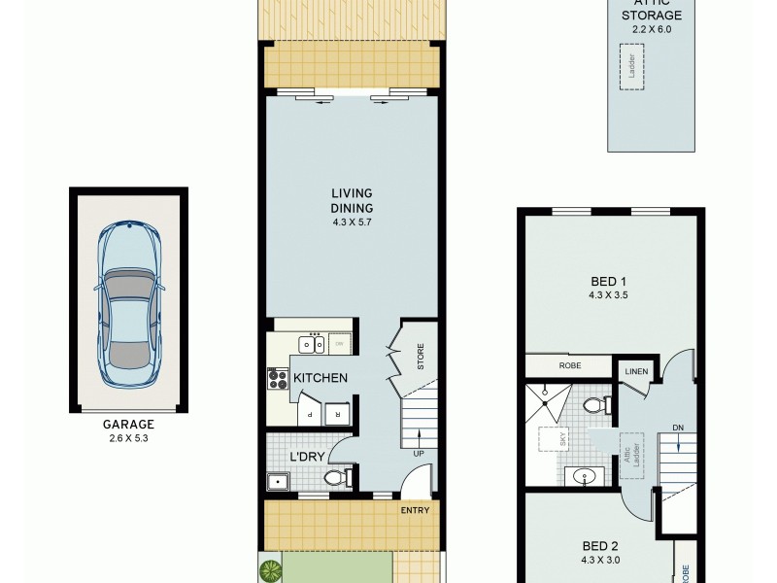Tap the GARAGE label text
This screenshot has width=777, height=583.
[x=128, y=425]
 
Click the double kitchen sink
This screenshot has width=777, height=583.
[x=313, y=343]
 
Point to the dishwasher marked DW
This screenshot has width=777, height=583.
[x=340, y=343]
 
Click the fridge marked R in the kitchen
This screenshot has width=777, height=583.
[x=337, y=412]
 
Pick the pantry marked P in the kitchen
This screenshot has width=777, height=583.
[x=310, y=412]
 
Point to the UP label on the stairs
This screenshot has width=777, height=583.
[x=419, y=454]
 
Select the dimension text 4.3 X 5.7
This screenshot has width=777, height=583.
[x=350, y=221]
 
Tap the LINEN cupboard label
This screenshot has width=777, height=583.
[x=636, y=372]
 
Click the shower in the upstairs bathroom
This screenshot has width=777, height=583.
[x=547, y=399]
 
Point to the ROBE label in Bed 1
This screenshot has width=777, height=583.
[x=569, y=367]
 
